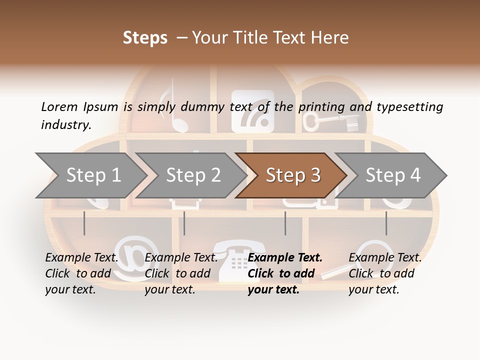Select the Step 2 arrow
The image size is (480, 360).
pyautogui.click(x=192, y=175)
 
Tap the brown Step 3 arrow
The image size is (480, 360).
pyautogui.click(x=292, y=175)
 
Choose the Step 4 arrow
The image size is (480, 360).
pyautogui.click(x=392, y=175)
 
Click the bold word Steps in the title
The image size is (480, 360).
pyautogui.click(x=145, y=38)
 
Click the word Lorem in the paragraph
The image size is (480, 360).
pyautogui.click(x=59, y=107)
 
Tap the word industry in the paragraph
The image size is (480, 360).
pyautogui.click(x=65, y=125)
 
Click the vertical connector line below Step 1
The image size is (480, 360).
pyautogui.click(x=84, y=223)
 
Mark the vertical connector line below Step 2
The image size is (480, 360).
pyautogui.click(x=184, y=223)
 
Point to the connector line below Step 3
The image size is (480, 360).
pyautogui.click(x=285, y=223)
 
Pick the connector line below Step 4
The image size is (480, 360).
pyautogui.click(x=386, y=223)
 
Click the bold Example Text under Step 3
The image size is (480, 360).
pyautogui.click(x=285, y=258)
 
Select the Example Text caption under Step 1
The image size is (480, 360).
pyautogui.click(x=81, y=258)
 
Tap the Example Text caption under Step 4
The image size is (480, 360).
pyautogui.click(x=385, y=258)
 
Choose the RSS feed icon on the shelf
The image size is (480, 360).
pyautogui.click(x=252, y=111)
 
